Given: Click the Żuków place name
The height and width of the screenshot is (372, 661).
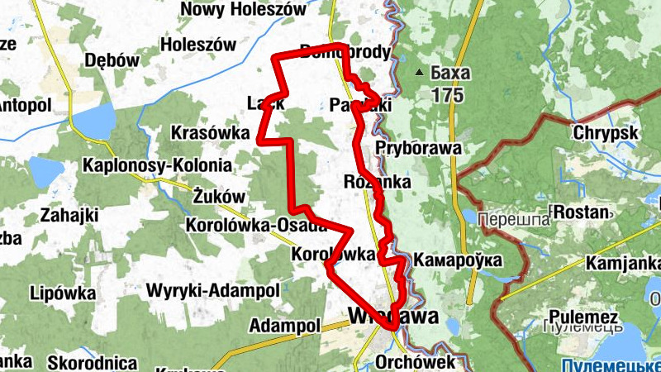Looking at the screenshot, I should [220, 197].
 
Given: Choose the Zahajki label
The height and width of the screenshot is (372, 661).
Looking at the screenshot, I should [69, 216].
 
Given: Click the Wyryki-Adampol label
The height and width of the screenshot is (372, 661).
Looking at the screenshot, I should [212, 291].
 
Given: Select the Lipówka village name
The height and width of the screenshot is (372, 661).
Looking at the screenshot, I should [63, 293].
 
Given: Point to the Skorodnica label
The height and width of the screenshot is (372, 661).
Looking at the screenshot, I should [93, 362].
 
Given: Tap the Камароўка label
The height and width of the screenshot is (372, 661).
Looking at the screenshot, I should [458, 260].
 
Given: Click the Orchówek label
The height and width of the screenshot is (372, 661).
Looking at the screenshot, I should [416, 362].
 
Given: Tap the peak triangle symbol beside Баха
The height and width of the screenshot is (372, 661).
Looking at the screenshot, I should [421, 73].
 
